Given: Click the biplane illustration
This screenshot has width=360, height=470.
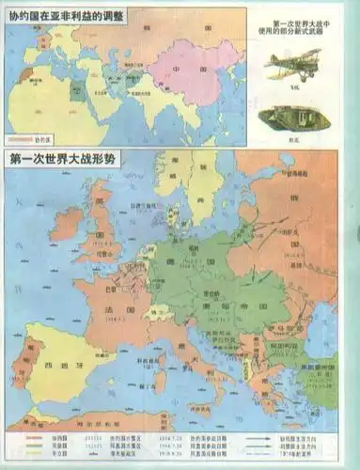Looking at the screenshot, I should [292, 67].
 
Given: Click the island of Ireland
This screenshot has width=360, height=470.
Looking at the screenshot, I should [66, 224].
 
